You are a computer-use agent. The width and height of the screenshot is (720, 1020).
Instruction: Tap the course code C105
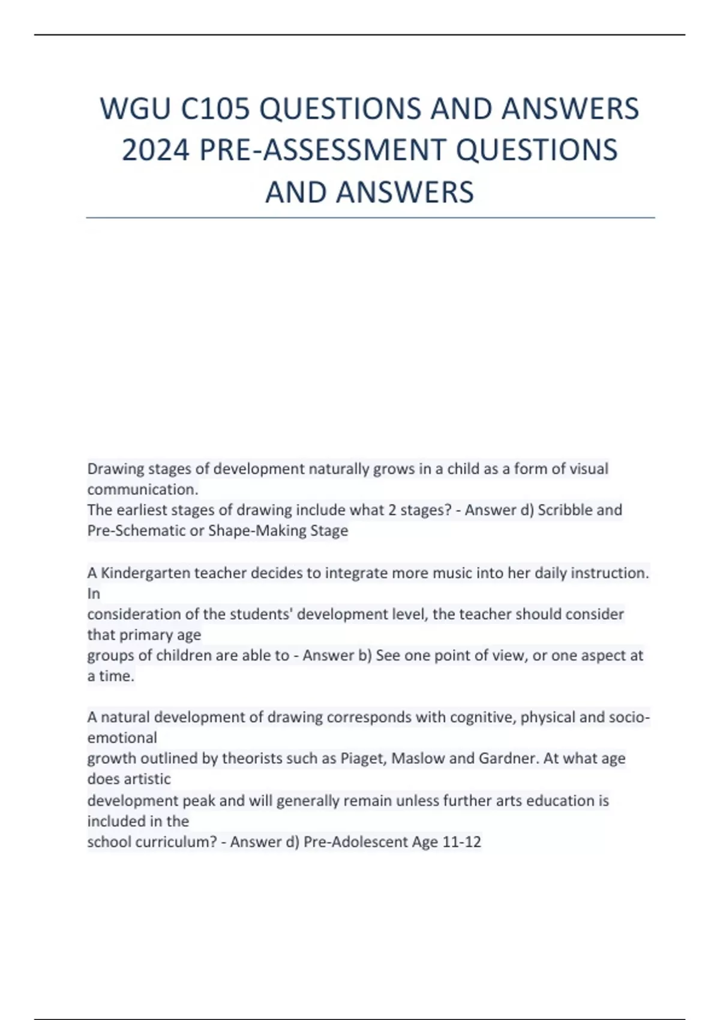[x=215, y=109]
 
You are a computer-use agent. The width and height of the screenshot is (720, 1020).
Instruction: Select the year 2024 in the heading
[x=156, y=150]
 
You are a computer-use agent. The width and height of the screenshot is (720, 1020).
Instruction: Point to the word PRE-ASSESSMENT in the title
[x=324, y=150]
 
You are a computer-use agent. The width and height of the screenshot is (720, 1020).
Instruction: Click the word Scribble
[x=565, y=510]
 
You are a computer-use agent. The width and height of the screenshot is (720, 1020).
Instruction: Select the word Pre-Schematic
[x=136, y=531]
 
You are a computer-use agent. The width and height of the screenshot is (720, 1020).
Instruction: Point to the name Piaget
[x=363, y=758]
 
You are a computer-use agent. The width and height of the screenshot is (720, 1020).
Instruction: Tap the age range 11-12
[x=461, y=842]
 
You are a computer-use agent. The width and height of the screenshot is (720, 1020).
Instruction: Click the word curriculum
[x=176, y=842]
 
